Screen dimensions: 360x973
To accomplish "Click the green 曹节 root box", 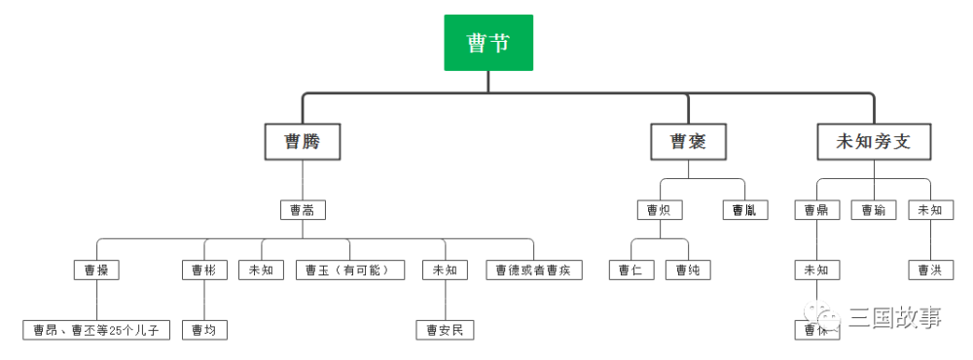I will [488, 43].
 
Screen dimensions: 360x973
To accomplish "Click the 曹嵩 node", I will [302, 209].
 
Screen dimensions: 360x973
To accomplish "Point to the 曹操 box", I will [96, 270].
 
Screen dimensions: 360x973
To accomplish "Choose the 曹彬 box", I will [204, 270].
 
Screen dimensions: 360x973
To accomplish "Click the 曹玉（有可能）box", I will [350, 270].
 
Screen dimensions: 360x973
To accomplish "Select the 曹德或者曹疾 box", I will [533, 270].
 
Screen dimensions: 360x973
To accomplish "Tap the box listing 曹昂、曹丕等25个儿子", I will [96, 330].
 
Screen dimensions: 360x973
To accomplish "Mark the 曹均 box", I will [204, 330].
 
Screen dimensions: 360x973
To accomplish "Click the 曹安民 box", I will [445, 330].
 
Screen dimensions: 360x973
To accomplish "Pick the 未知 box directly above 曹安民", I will [445, 270].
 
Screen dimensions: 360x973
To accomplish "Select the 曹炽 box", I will [660, 209].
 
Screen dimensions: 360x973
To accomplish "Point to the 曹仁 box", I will [631, 270].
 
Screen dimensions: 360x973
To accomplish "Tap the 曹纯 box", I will [689, 270].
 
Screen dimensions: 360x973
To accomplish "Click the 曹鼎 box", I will [816, 209].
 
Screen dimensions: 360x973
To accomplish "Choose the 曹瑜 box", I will [874, 209].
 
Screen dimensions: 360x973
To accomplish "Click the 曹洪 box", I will [930, 270].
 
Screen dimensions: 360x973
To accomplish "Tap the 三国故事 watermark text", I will [895, 317].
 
